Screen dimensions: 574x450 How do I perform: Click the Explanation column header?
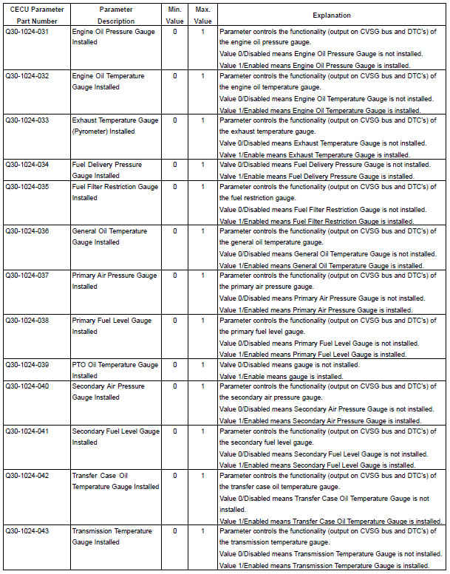click(x=332, y=15)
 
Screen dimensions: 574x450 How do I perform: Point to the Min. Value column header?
click(x=175, y=15)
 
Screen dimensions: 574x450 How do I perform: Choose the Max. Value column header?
click(x=202, y=15)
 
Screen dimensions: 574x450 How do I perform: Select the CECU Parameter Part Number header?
click(x=35, y=15)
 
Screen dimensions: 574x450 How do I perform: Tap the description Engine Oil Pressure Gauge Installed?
click(x=114, y=38)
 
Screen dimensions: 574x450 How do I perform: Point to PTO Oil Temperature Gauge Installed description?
click(x=115, y=370)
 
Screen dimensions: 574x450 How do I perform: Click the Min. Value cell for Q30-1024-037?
click(x=175, y=276)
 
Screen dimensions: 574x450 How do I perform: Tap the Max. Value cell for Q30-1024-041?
click(x=202, y=431)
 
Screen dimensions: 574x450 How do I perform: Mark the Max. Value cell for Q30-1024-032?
click(x=202, y=76)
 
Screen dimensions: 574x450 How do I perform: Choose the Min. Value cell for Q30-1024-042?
click(x=175, y=476)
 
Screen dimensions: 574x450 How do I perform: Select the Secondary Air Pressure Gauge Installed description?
click(x=108, y=392)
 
